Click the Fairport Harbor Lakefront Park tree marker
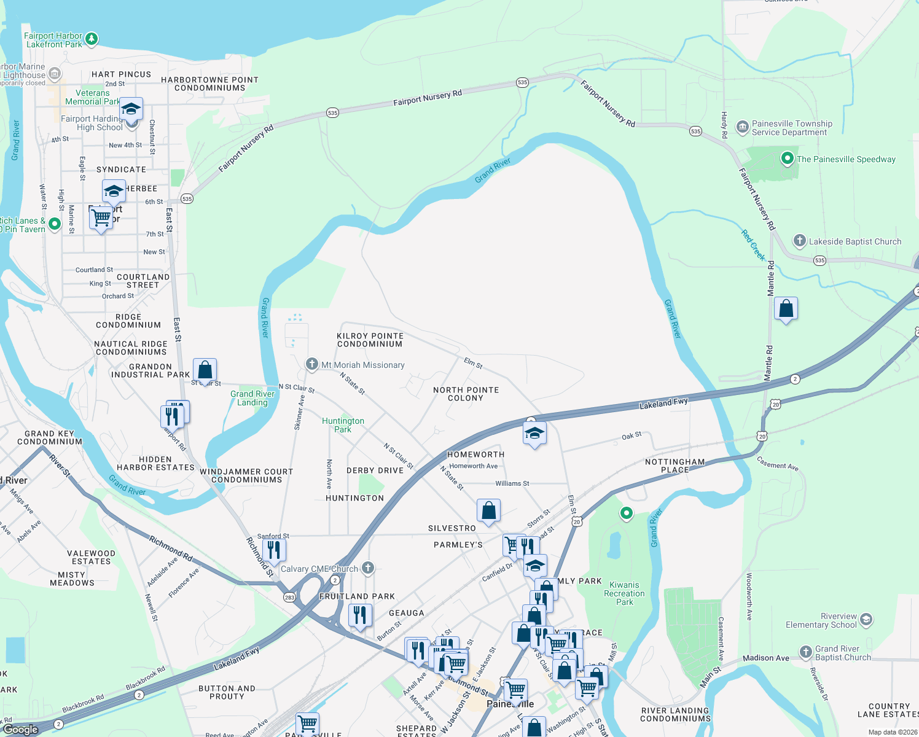[x=92, y=39]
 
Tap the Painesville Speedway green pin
[x=787, y=158]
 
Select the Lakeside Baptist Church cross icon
[x=799, y=241]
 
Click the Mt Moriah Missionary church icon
[x=312, y=364]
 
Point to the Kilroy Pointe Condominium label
[x=370, y=340]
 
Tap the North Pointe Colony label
[x=466, y=394]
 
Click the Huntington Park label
[x=343, y=425]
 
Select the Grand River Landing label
[x=252, y=398]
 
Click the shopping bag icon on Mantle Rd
[x=786, y=308]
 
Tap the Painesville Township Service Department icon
[x=742, y=127]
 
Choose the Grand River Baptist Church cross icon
[x=805, y=652]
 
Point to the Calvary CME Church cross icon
[x=368, y=567]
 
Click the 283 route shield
[x=289, y=597]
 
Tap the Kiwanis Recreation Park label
[x=624, y=593]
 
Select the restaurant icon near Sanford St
[x=274, y=549]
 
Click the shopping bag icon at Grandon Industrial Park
[x=205, y=370]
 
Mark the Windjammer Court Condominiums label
[x=246, y=475]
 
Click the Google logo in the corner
[x=21, y=729]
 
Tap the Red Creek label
[x=753, y=244]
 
